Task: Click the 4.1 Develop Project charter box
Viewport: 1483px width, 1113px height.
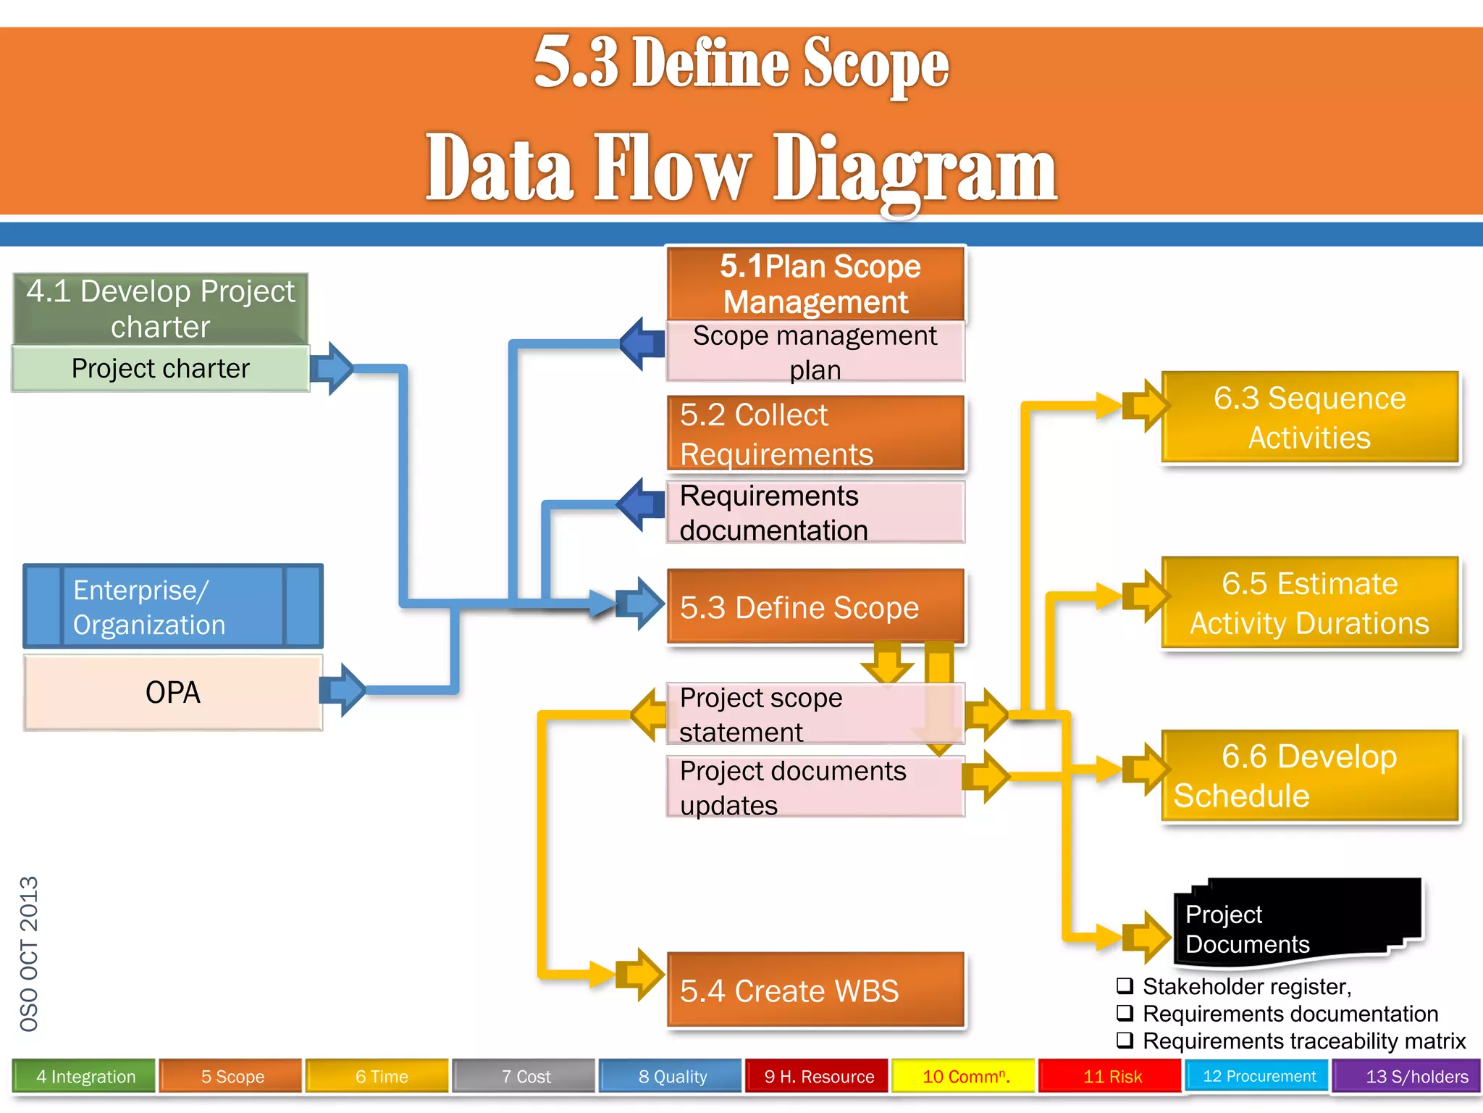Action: (161, 309)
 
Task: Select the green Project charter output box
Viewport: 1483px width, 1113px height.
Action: (161, 369)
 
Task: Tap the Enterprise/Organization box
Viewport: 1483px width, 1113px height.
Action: (172, 606)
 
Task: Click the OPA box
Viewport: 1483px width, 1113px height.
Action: (172, 693)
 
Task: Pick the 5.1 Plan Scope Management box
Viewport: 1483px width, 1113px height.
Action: (815, 284)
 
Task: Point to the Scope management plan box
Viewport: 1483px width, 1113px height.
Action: (815, 352)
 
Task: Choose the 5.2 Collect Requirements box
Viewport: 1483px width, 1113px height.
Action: (815, 434)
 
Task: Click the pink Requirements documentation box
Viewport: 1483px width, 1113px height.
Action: (815, 513)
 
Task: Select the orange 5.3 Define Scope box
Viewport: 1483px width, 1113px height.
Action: (815, 607)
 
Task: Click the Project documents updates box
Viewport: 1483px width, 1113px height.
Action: (815, 788)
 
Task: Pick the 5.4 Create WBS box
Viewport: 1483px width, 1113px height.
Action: (815, 991)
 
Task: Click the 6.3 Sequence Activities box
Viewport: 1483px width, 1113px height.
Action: (1309, 417)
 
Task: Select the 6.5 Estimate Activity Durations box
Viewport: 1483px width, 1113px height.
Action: (1309, 603)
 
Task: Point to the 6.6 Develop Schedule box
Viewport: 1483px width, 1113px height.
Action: (1309, 776)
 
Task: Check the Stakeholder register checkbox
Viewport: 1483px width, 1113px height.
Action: (1125, 986)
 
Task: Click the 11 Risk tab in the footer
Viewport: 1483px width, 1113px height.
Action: (1112, 1077)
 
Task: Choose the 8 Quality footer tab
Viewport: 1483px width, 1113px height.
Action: (672, 1077)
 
